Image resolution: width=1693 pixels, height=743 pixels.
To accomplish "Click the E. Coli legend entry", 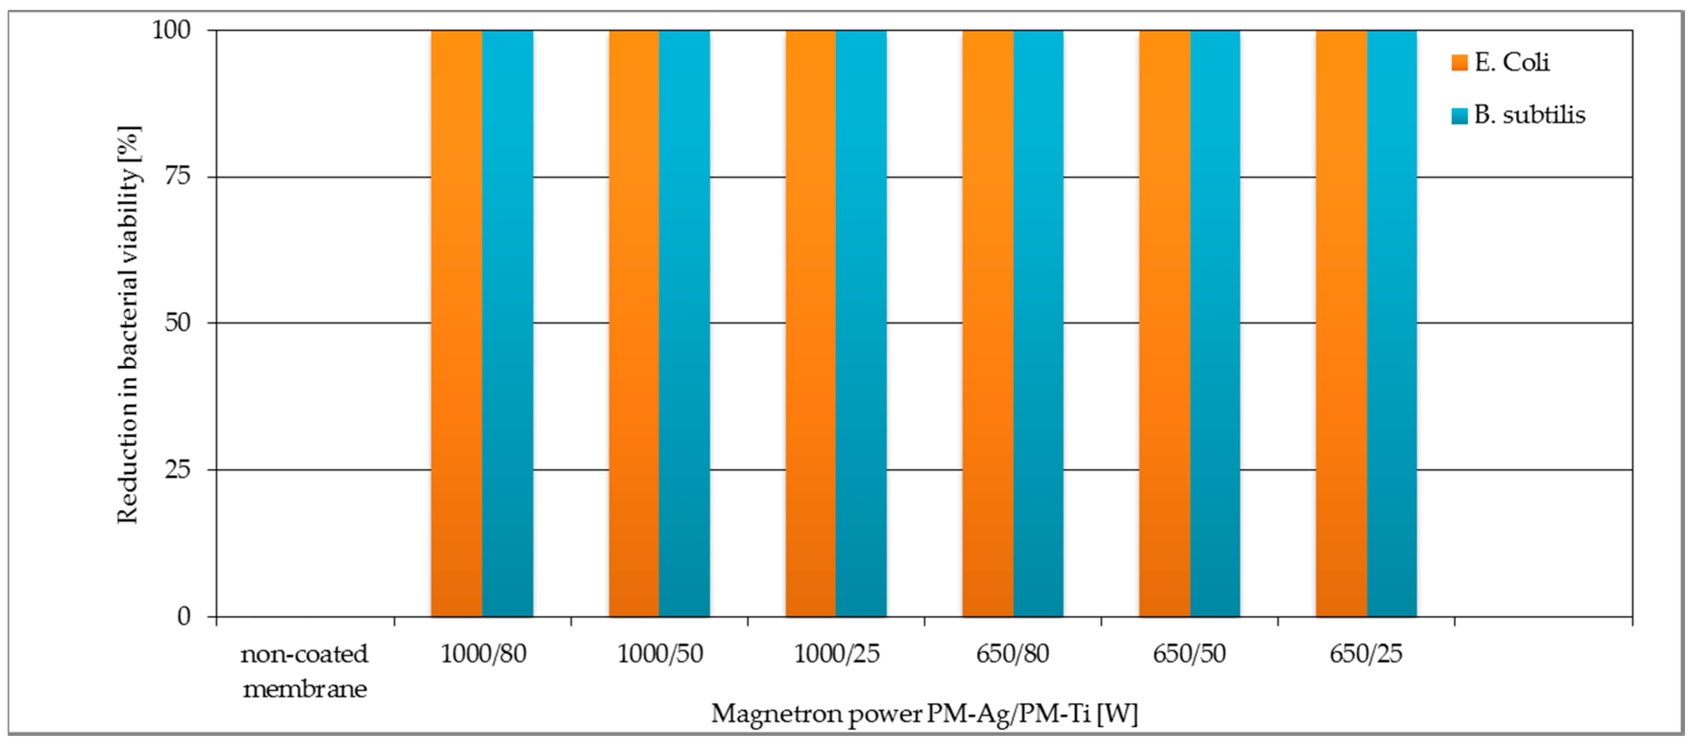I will (x=1502, y=62).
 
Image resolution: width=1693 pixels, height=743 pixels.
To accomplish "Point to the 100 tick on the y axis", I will (x=172, y=30).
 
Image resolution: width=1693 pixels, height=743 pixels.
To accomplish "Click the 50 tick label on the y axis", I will (x=177, y=323).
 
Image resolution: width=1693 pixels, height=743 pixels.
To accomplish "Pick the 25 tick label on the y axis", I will (x=177, y=469).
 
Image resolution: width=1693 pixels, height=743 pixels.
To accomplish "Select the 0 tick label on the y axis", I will (x=184, y=616).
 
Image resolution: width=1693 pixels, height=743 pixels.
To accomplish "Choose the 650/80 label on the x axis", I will (x=1012, y=654).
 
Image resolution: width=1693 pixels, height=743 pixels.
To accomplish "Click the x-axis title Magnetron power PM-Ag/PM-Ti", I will (x=923, y=713).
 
